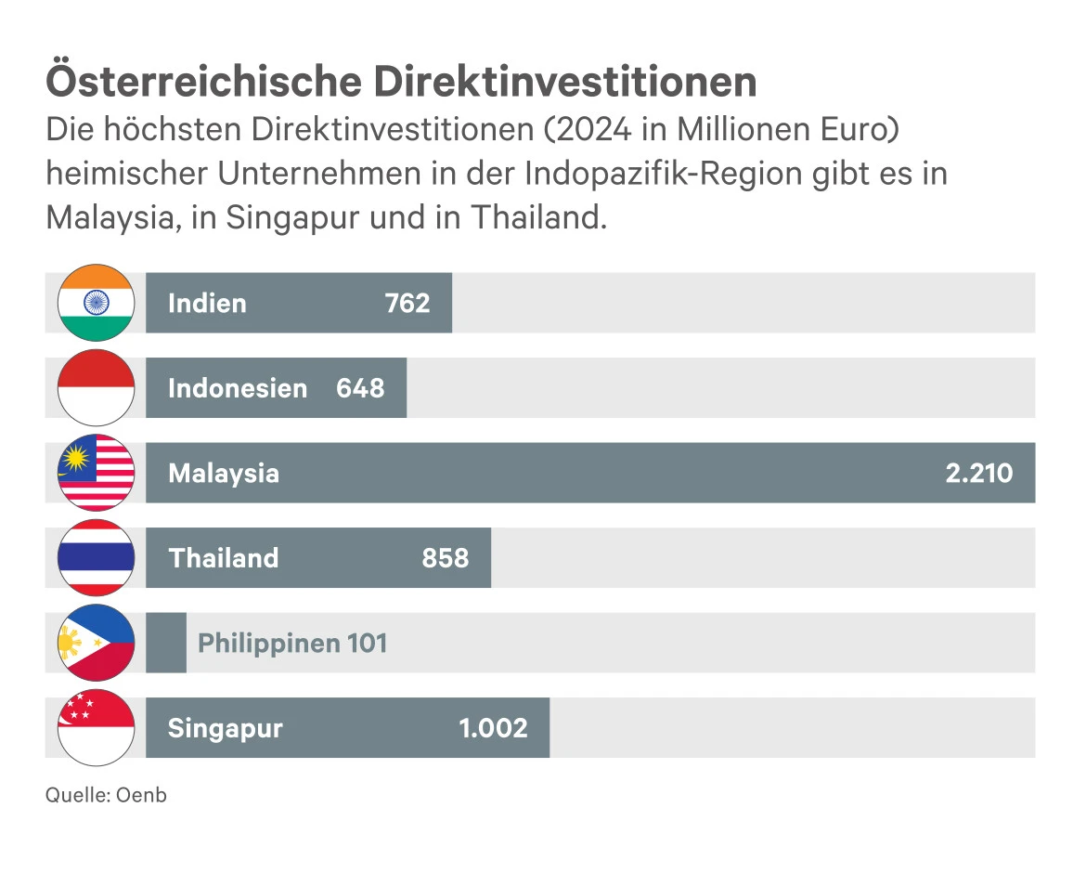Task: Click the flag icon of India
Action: tap(97, 303)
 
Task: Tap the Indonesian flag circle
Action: tap(97, 388)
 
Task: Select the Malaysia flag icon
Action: tap(97, 473)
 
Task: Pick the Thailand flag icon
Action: tap(97, 557)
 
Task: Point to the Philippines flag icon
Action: tap(97, 643)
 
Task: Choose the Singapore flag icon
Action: tap(97, 727)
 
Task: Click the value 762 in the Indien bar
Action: tap(407, 304)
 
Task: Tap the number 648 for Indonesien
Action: tap(360, 388)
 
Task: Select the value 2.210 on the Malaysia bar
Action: tap(978, 474)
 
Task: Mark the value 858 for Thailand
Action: tap(446, 558)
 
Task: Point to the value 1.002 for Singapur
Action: tap(493, 728)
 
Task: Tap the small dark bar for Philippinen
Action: tap(166, 643)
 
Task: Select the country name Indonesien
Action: tap(238, 388)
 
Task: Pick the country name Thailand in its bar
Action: tap(224, 558)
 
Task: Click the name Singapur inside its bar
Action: tap(225, 728)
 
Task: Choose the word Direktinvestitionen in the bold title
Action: tap(565, 82)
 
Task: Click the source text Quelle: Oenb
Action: tap(106, 795)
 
